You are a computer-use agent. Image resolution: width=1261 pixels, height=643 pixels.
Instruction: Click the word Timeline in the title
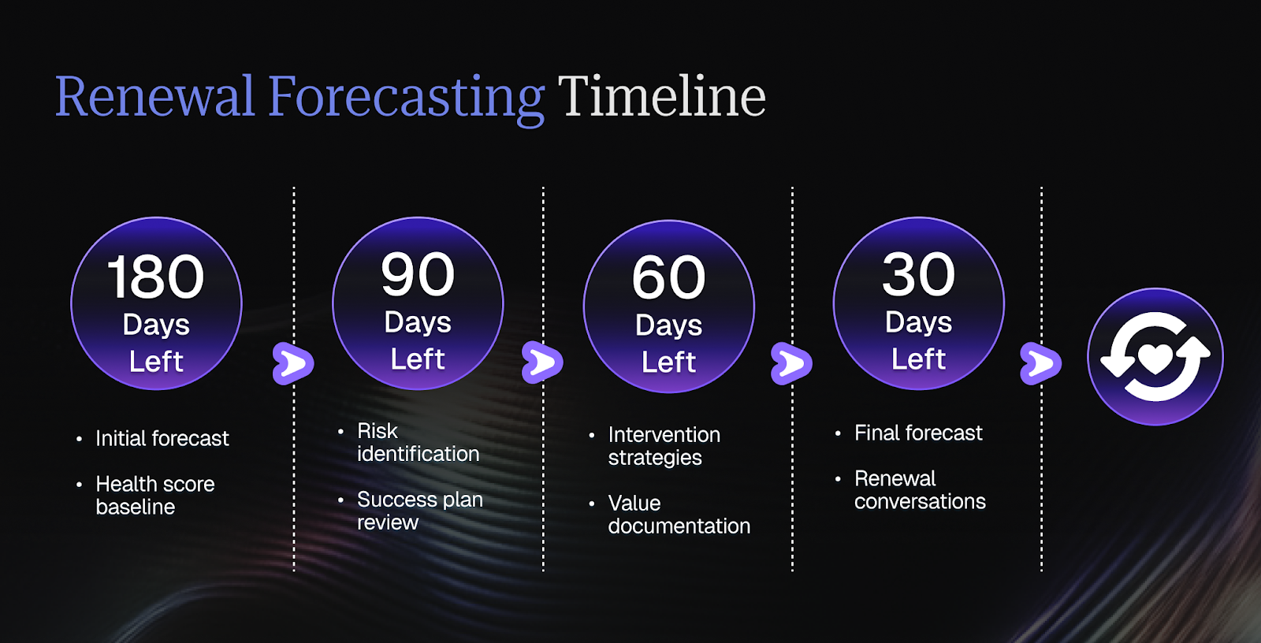pyautogui.click(x=662, y=96)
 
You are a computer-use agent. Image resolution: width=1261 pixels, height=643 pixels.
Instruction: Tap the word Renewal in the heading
pyautogui.click(x=154, y=96)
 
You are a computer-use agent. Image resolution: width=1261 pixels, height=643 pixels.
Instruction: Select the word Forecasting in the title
pyautogui.click(x=407, y=100)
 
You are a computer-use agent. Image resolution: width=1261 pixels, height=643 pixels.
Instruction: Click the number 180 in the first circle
pyautogui.click(x=155, y=277)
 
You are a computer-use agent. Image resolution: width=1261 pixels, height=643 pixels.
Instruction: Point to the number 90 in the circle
pyautogui.click(x=418, y=274)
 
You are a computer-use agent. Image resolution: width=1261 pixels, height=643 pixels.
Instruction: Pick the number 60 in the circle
pyautogui.click(x=669, y=277)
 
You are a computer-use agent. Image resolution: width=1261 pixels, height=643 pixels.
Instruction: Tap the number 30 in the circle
pyautogui.click(x=919, y=274)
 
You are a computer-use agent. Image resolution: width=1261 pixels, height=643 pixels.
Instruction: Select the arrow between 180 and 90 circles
pyautogui.click(x=292, y=363)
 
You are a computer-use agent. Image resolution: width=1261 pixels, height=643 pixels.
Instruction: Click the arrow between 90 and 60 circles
pyautogui.click(x=542, y=362)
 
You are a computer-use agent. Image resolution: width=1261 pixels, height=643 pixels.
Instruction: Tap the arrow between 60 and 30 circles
pyautogui.click(x=791, y=363)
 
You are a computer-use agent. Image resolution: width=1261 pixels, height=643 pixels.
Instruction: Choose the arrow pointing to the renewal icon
pyautogui.click(x=1041, y=363)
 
